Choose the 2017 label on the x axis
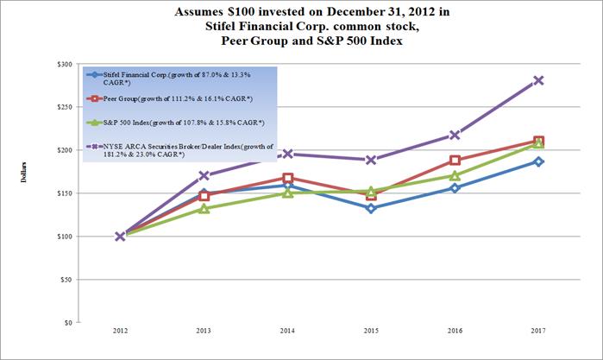(538, 333)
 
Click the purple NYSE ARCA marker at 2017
(538, 80)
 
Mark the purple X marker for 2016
(455, 135)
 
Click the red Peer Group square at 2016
(455, 161)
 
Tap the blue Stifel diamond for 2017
(538, 161)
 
